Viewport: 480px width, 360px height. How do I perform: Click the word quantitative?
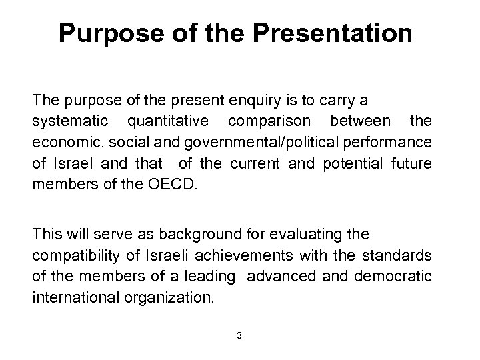(167, 121)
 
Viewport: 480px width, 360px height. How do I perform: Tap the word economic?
(61, 142)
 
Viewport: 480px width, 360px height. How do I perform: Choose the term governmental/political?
(251, 142)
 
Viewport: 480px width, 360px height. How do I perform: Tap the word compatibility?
(72, 255)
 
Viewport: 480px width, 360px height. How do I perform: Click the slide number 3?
(239, 335)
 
